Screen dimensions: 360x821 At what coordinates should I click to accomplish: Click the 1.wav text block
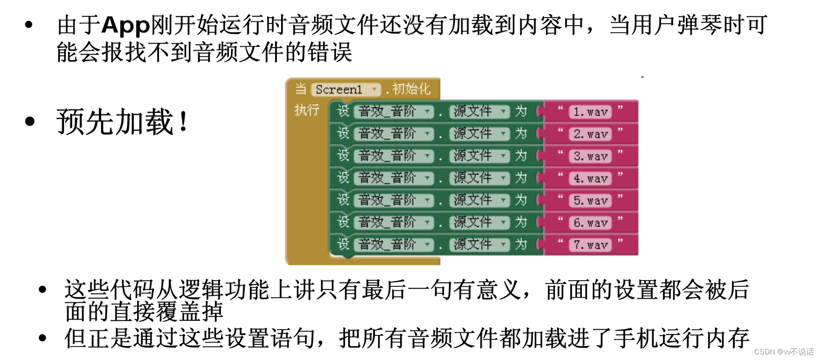590,112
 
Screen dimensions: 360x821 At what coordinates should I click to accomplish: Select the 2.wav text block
590,134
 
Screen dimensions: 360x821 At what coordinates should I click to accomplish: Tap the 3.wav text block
590,156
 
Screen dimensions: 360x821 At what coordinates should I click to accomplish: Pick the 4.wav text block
590,179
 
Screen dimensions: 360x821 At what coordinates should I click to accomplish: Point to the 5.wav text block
590,201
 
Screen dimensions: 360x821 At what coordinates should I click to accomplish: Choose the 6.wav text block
590,223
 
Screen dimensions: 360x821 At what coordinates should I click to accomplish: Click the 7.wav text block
590,245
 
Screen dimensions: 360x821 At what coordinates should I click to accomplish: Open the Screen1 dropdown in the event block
345,89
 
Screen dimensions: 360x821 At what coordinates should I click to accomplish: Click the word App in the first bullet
125,25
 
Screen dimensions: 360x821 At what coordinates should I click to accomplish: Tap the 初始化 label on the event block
411,89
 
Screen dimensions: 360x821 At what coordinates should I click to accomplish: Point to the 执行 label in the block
306,111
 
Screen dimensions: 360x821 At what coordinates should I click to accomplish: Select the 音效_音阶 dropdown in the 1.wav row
393,111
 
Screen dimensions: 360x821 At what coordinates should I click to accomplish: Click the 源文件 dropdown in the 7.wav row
479,244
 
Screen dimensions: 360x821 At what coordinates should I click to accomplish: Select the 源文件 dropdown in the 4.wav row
479,178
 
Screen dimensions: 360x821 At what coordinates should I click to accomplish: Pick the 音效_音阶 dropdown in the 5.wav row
393,200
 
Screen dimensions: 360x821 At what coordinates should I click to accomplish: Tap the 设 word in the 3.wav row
343,155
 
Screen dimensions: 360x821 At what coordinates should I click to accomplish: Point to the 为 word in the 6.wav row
521,222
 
